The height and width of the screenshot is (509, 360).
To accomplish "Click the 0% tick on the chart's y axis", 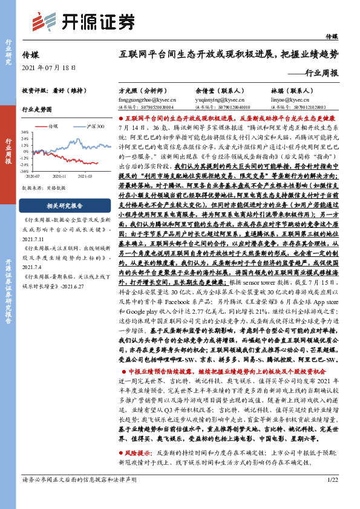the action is [x=25, y=153].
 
